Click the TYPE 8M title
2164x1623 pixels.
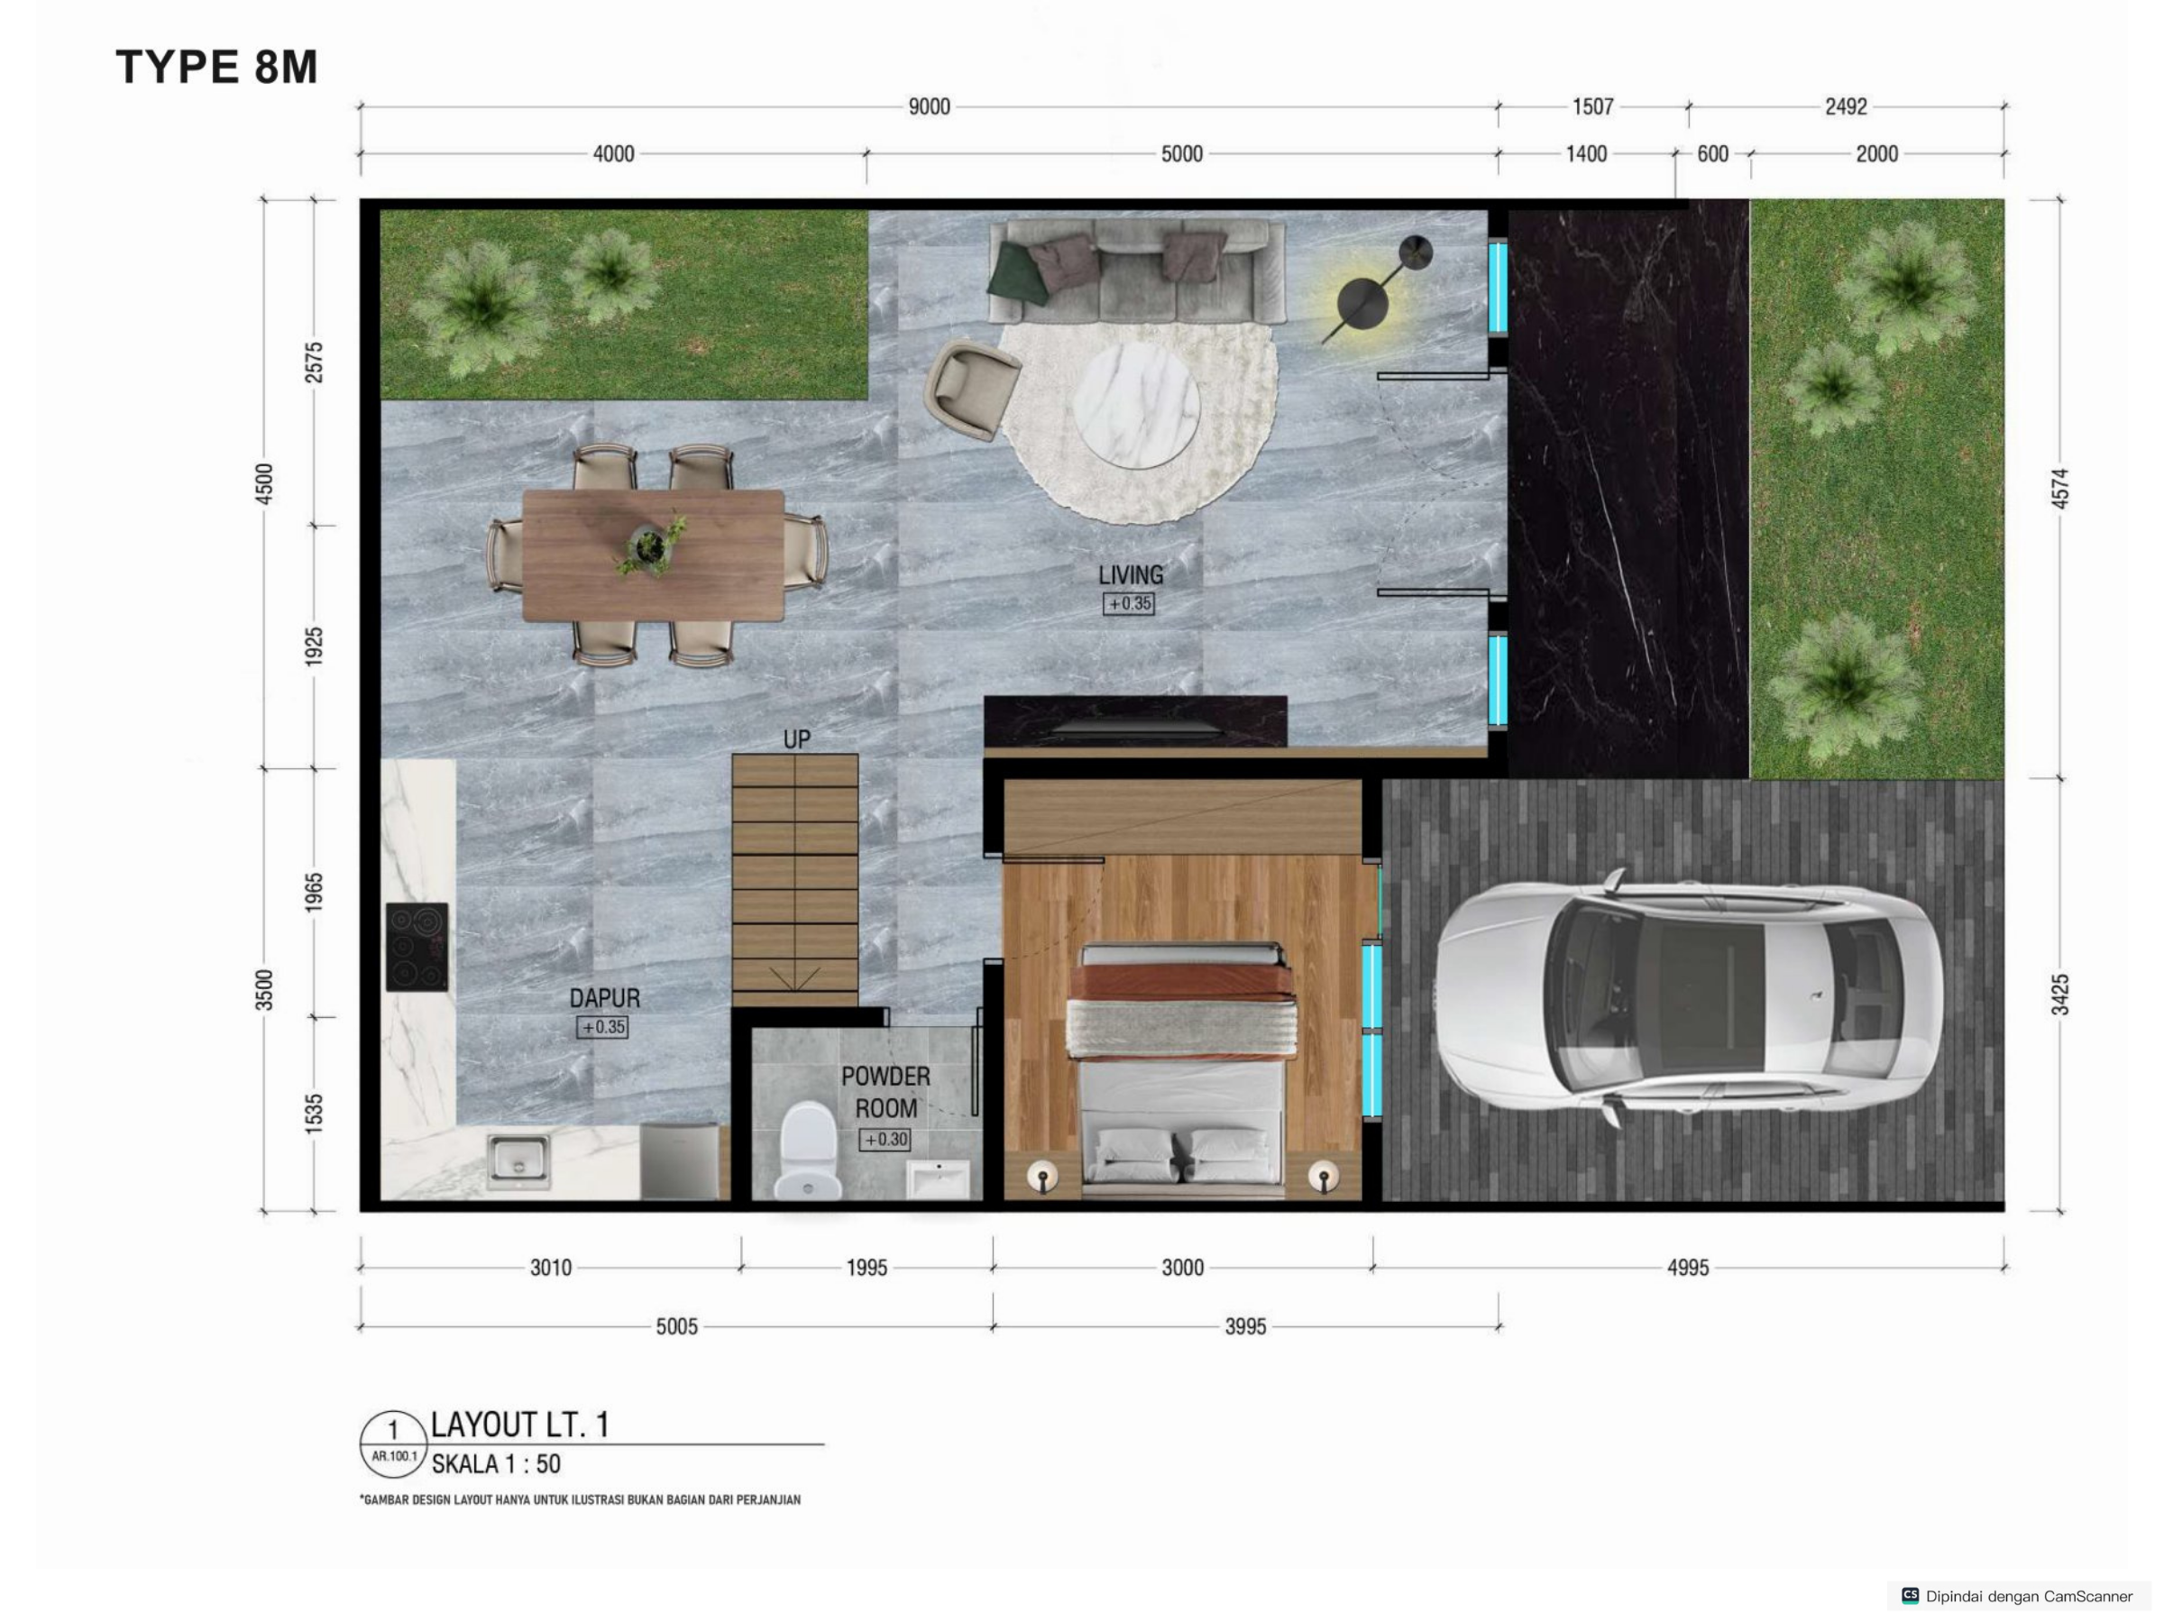(217, 67)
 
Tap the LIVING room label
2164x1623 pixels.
(1130, 575)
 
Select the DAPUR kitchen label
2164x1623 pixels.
(605, 998)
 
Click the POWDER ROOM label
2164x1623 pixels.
(885, 1092)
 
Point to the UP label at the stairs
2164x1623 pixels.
(796, 739)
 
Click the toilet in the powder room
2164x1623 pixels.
(808, 1151)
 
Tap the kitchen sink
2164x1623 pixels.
(518, 1161)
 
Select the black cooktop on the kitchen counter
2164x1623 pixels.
(417, 946)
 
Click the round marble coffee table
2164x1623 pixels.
(1136, 402)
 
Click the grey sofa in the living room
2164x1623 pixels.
(1136, 270)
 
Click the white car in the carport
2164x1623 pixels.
(1690, 995)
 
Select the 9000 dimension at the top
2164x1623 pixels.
(929, 106)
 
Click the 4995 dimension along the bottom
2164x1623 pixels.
(1688, 1268)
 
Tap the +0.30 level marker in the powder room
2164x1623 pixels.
(885, 1139)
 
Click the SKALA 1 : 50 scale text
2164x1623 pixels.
(496, 1464)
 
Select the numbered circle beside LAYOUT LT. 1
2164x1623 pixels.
(393, 1443)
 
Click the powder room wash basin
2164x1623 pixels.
(937, 1178)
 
